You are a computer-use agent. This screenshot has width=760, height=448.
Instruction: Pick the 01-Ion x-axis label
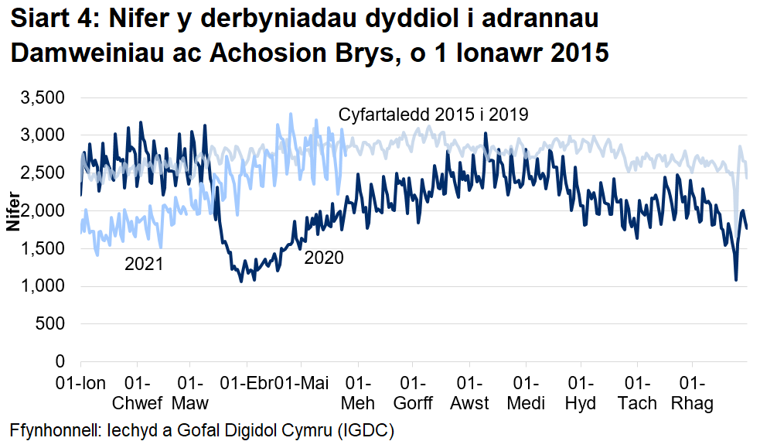click(x=80, y=383)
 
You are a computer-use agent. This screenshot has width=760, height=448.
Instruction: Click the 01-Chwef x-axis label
click(x=137, y=393)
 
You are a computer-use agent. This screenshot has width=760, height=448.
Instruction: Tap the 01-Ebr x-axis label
click(x=247, y=383)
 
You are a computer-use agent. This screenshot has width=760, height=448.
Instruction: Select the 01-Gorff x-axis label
click(x=414, y=393)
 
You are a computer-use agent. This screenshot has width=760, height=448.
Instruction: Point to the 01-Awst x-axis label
click(x=470, y=393)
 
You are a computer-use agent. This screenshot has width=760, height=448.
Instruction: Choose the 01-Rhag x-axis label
click(x=693, y=393)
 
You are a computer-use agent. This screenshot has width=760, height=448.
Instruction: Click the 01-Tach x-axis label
click(x=637, y=393)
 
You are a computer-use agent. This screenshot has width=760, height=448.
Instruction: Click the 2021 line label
click(x=145, y=265)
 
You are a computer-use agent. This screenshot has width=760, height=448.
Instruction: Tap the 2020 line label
click(x=324, y=258)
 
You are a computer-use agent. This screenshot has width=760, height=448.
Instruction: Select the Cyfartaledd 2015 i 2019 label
click(x=434, y=115)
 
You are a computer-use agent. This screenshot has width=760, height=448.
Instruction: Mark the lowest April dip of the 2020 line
click(x=241, y=281)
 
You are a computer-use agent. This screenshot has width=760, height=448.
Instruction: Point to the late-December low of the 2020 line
click(x=736, y=280)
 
